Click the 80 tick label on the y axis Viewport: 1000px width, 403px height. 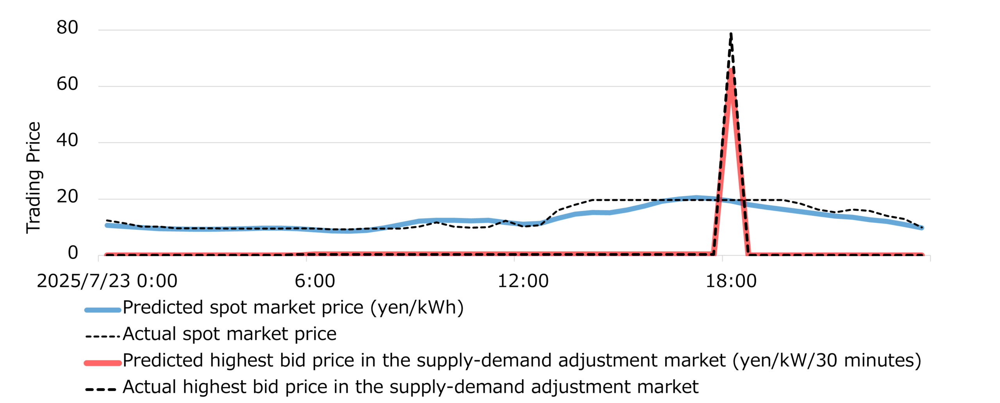67,28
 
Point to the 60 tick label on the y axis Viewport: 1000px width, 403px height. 67,84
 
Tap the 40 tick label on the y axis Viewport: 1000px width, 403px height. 67,140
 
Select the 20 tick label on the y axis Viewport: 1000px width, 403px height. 67,197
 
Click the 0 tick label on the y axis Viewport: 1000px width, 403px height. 73,253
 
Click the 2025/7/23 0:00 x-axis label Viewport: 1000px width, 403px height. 107,281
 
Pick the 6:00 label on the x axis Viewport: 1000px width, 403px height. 314,281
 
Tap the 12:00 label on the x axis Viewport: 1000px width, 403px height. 523,281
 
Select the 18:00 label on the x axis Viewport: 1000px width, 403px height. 731,281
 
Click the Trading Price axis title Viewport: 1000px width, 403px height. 34,178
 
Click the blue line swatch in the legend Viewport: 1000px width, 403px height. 103,310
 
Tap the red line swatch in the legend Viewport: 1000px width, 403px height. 103,363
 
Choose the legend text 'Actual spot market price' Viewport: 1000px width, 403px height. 229,334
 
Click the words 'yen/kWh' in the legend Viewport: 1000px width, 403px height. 417,308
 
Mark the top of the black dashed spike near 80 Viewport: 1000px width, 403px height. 731,34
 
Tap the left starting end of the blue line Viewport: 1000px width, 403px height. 107,225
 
